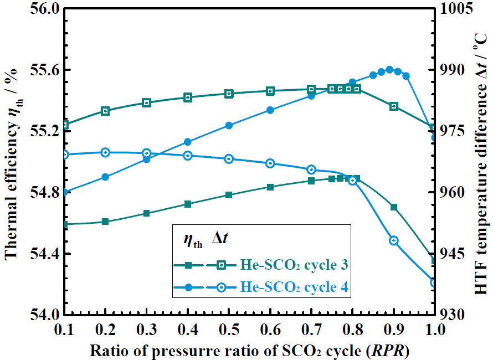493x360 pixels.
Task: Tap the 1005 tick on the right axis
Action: (455, 9)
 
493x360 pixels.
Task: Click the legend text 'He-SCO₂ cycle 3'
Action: (294, 265)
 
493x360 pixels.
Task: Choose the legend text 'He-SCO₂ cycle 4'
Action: (294, 287)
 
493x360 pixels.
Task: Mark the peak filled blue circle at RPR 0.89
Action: (389, 70)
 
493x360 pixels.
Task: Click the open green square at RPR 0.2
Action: (105, 111)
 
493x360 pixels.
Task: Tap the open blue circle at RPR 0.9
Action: (394, 241)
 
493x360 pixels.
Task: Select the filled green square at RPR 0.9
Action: (394, 207)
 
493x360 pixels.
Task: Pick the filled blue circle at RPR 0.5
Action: (229, 126)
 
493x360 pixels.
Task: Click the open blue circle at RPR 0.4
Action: (188, 156)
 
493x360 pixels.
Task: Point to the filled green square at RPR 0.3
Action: (146, 213)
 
